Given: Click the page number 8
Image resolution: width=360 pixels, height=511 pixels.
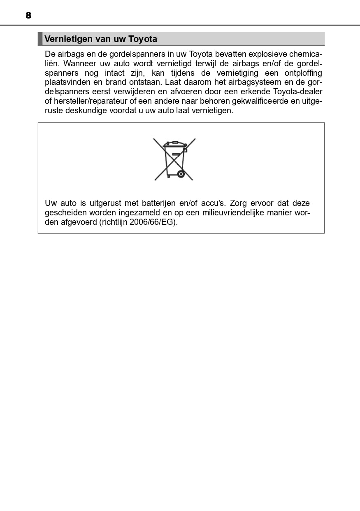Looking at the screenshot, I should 28,16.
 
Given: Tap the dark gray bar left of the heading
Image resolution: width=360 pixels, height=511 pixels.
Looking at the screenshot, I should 40,39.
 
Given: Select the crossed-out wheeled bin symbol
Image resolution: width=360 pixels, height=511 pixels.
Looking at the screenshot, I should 174,159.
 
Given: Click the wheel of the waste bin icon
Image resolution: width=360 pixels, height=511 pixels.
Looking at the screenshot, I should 180,174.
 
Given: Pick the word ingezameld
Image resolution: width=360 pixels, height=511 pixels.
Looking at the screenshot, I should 138,212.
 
